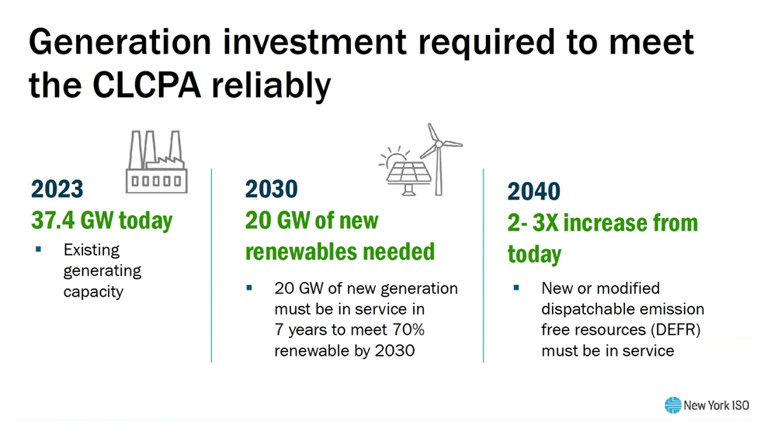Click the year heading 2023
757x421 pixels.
[x=57, y=189]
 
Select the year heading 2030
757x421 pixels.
[x=271, y=189]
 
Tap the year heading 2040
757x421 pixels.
[x=533, y=191]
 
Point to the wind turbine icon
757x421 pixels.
[x=439, y=158]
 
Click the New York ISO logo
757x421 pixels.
[x=707, y=405]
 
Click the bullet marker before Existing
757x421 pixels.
[x=38, y=249]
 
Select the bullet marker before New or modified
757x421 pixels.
[x=516, y=287]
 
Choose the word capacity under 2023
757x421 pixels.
[x=93, y=292]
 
